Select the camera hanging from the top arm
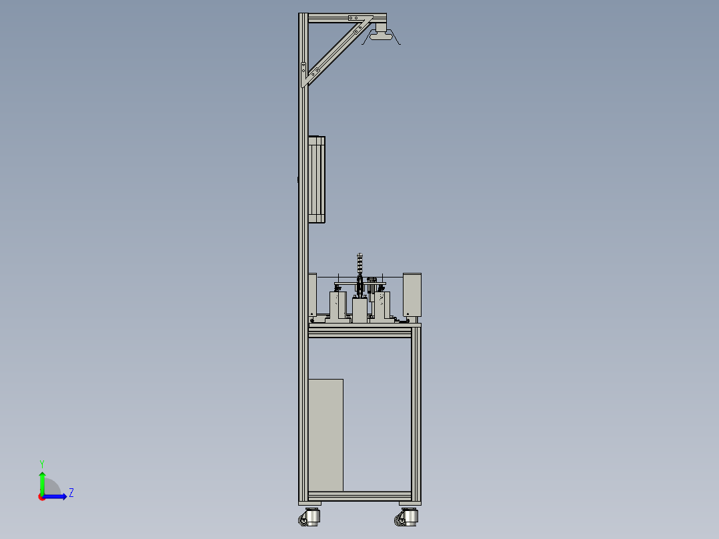tap(381, 35)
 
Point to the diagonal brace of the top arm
tap(337, 52)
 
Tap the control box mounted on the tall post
tap(317, 179)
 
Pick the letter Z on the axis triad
tap(71, 493)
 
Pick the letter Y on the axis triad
tap(42, 463)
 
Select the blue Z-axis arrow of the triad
tap(57, 496)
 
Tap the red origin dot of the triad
tap(42, 497)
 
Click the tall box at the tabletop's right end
tap(412, 294)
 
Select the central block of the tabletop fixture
tap(360, 311)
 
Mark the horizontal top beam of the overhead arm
tap(333, 19)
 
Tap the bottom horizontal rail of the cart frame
tap(359, 497)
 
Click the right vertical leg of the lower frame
tap(416, 414)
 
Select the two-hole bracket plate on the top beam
tap(355, 18)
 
